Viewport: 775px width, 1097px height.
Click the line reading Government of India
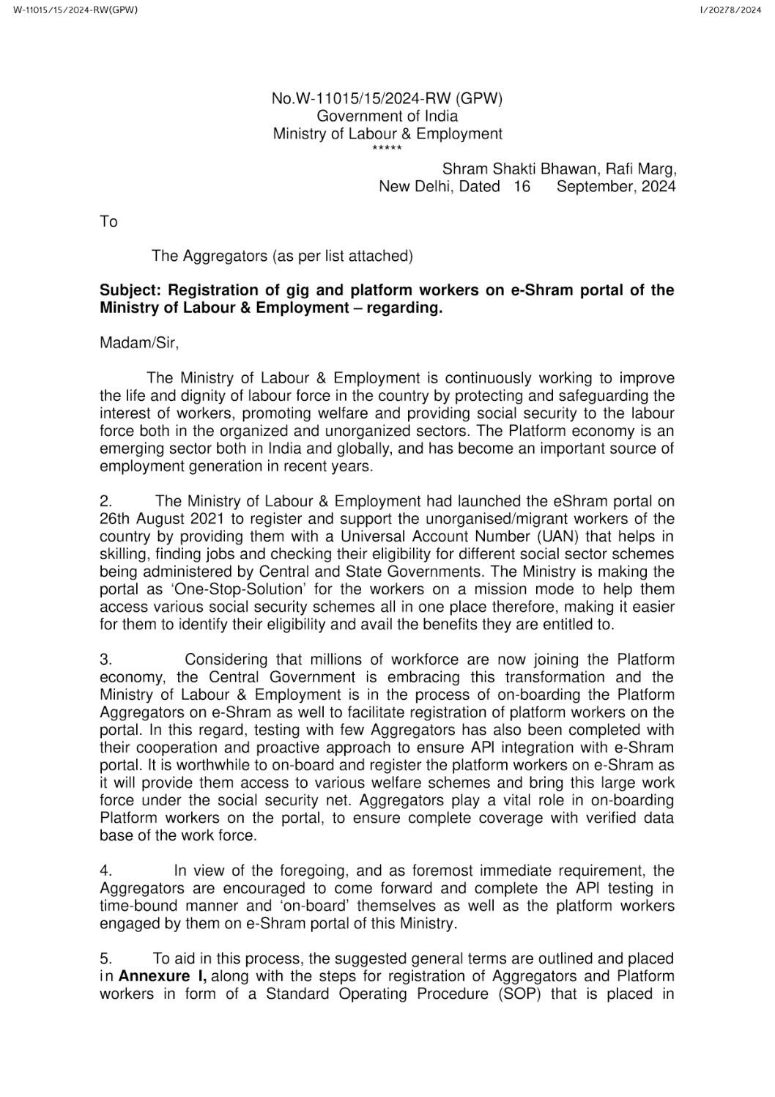pyautogui.click(x=387, y=116)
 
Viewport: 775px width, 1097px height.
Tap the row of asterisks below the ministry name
pyautogui.click(x=387, y=149)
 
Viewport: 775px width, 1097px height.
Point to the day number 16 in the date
pyautogui.click(x=522, y=187)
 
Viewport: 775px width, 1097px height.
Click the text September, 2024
pyautogui.click(x=616, y=187)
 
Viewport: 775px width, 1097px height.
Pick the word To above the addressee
pyautogui.click(x=108, y=221)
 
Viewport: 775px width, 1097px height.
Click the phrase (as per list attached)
pyautogui.click(x=343, y=256)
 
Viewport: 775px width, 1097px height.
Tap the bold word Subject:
pyautogui.click(x=129, y=290)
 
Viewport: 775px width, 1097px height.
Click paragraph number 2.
pyautogui.click(x=105, y=502)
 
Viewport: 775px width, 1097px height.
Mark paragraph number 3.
pyautogui.click(x=105, y=660)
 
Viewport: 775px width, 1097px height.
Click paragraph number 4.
pyautogui.click(x=105, y=871)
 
